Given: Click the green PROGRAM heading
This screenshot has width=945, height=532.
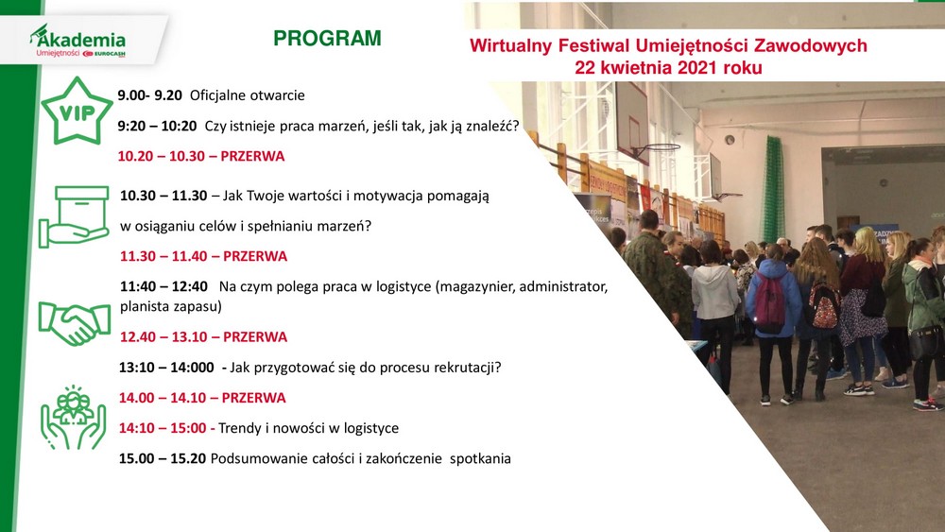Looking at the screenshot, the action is (327, 38).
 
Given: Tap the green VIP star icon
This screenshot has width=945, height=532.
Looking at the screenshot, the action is (77, 111).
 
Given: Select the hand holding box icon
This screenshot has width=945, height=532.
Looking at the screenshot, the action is (74, 217).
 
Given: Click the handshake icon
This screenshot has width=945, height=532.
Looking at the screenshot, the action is (74, 323).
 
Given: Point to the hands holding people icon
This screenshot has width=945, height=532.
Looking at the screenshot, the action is (73, 418).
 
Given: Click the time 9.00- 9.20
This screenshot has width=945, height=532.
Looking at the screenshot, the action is (149, 95).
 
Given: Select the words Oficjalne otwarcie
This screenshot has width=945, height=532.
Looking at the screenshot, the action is (247, 95).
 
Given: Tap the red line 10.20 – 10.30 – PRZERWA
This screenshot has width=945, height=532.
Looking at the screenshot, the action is (200, 156).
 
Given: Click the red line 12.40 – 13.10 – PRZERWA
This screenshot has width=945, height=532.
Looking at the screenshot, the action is (203, 336).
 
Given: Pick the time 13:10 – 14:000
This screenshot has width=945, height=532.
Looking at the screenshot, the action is (166, 368).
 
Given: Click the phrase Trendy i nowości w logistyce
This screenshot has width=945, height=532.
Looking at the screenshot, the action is (309, 428).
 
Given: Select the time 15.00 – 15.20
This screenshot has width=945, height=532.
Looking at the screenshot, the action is (163, 458).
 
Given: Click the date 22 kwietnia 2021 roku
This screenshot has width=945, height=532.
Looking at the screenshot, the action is (668, 67).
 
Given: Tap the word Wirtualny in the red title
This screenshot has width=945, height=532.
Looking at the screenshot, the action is (510, 45).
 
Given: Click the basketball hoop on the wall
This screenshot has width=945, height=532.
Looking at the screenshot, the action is (657, 148).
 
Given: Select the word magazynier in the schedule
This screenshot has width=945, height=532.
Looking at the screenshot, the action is (475, 286).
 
